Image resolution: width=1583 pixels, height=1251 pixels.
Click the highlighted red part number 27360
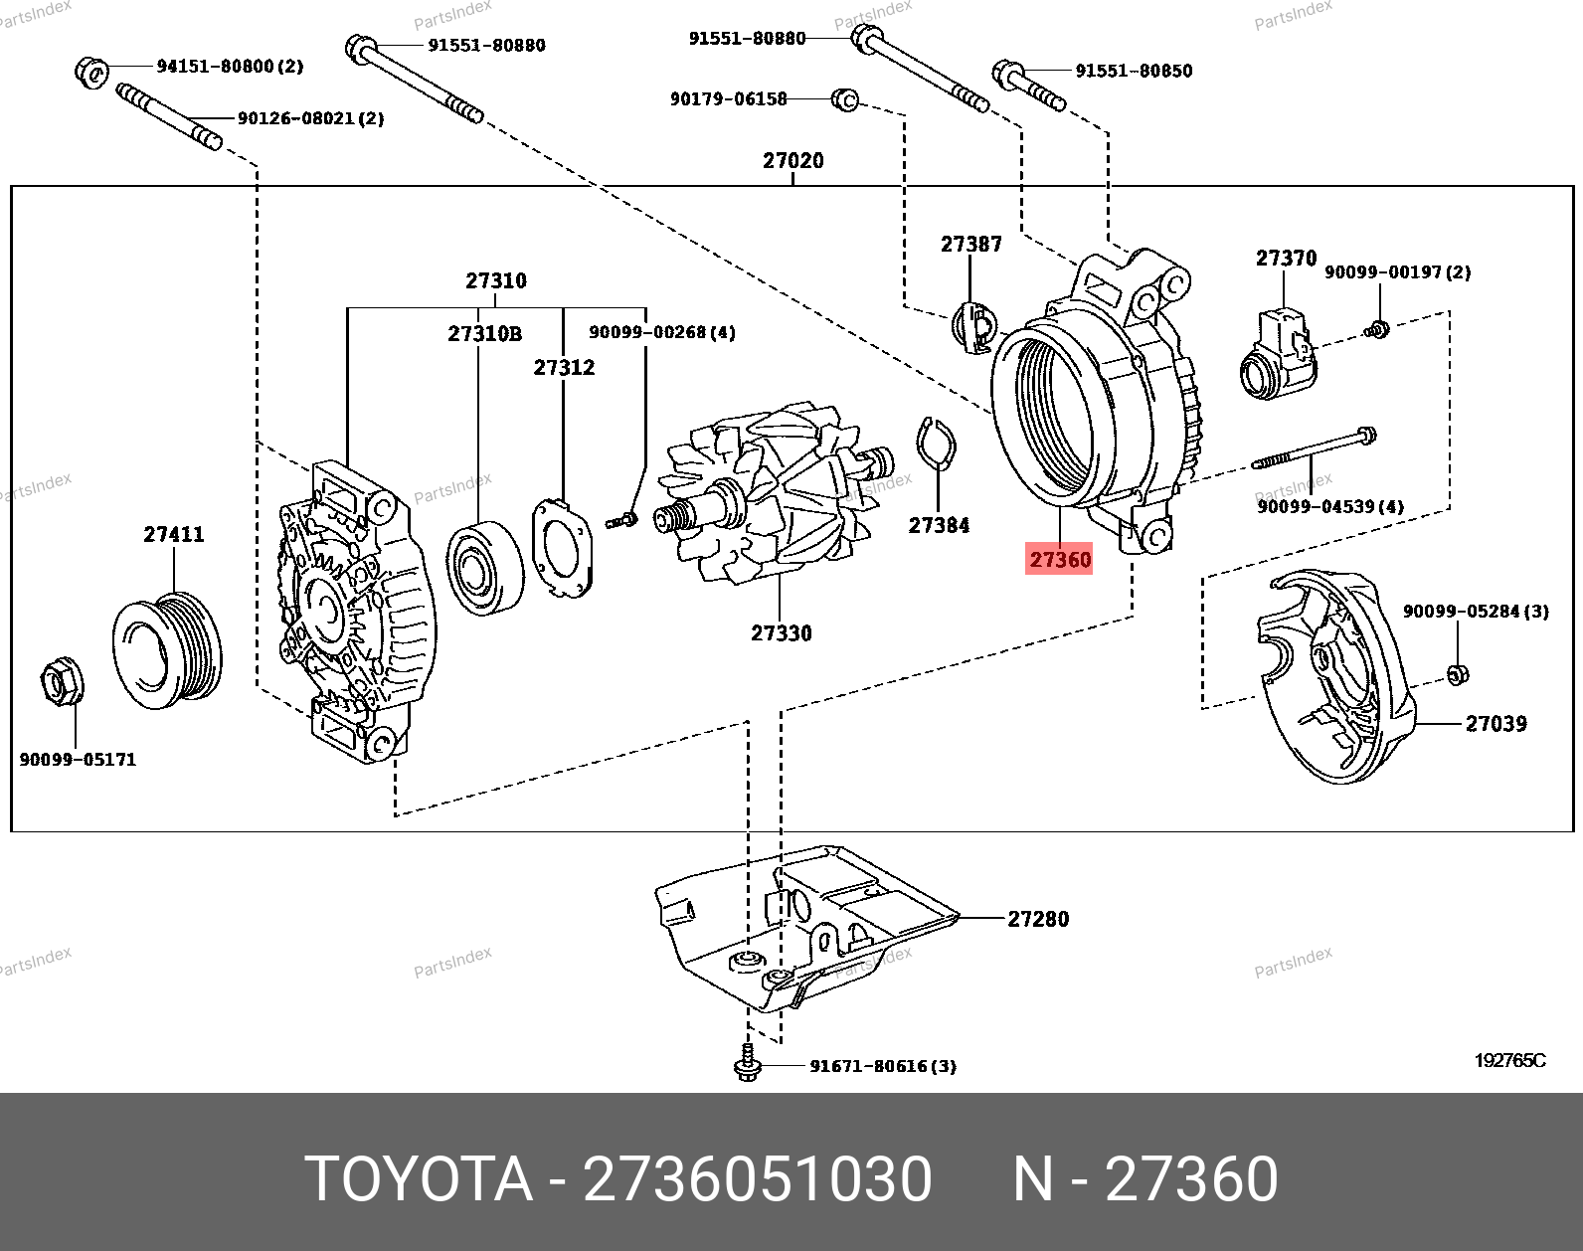click(1059, 560)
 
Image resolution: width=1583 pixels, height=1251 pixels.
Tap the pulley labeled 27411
click(167, 651)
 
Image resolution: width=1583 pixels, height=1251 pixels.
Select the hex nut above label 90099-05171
click(62, 683)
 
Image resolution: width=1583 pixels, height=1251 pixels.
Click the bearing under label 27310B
click(484, 568)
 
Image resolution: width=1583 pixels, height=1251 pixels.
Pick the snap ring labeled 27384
click(935, 443)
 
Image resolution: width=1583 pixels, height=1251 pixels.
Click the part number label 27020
click(792, 160)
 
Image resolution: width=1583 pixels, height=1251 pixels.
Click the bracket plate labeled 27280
click(805, 925)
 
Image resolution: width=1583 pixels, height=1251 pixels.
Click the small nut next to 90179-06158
click(844, 99)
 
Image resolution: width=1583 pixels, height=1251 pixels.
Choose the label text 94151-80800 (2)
click(230, 67)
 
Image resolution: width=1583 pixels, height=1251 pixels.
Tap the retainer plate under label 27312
click(563, 548)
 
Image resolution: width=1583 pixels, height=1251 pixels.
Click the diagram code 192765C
click(1509, 1060)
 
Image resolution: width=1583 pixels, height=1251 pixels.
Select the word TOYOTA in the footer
click(419, 1179)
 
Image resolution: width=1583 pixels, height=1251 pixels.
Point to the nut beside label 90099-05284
click(1458, 675)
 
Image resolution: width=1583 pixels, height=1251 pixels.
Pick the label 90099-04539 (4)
click(1330, 506)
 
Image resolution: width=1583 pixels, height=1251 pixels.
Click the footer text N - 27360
click(1144, 1179)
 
